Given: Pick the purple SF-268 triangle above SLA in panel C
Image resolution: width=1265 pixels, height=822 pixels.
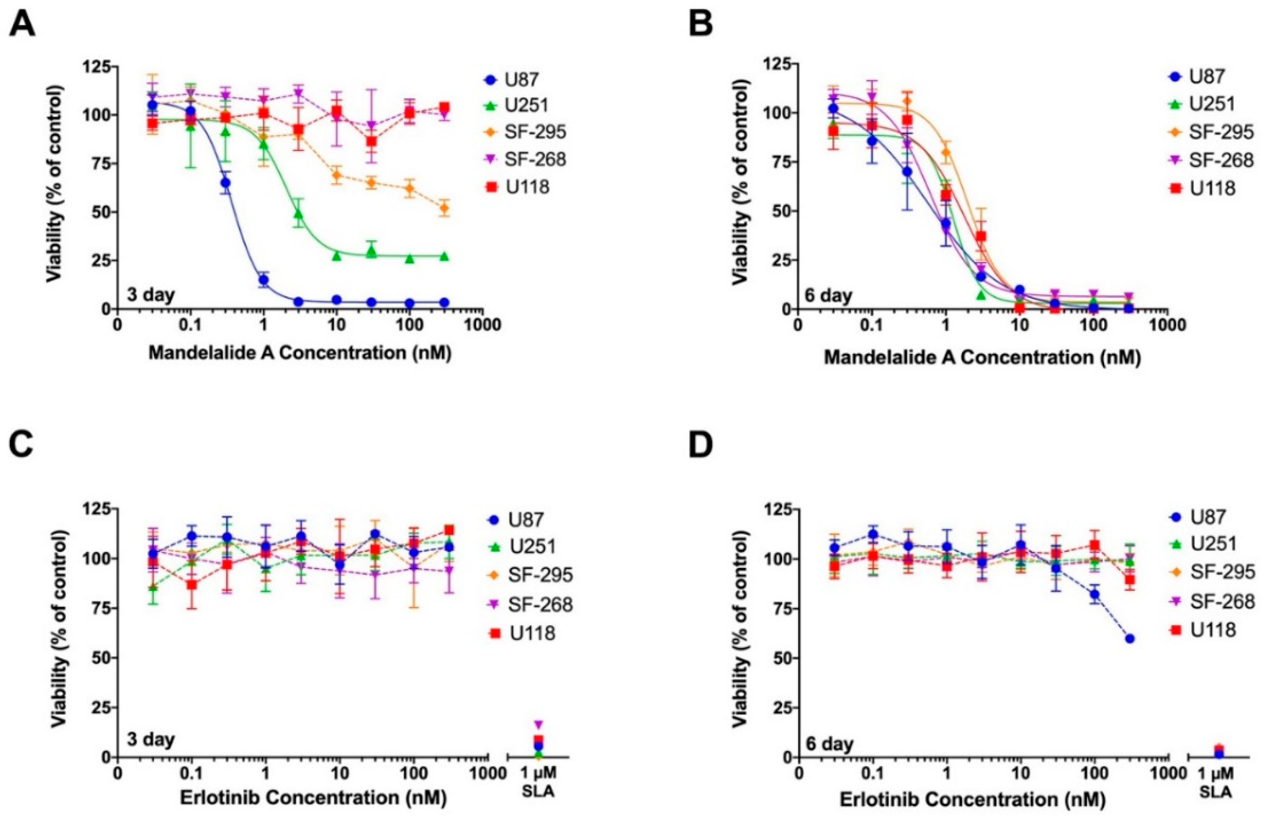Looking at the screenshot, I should click(x=539, y=724).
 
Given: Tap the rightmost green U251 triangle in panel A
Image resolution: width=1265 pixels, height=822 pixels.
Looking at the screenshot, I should click(x=444, y=256).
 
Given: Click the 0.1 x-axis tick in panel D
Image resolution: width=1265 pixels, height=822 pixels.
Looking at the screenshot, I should click(x=872, y=772).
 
